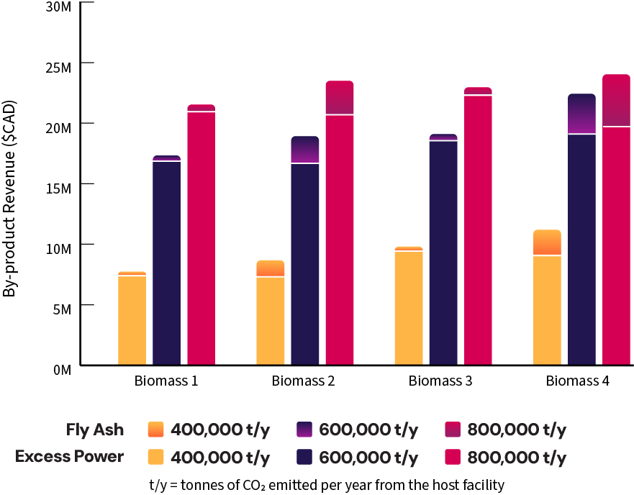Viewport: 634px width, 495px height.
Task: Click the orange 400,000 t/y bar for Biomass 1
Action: point(132,320)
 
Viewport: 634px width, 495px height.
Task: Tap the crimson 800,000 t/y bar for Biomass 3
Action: point(478,230)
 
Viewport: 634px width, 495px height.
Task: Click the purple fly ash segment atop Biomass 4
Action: point(581,114)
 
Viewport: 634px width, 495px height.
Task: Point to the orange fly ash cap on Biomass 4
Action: point(547,242)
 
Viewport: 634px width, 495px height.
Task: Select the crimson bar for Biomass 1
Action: point(201,238)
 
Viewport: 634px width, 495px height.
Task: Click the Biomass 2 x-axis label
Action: point(304,381)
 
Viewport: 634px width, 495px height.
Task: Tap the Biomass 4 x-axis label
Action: point(577,381)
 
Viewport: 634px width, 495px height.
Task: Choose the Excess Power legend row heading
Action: point(70,457)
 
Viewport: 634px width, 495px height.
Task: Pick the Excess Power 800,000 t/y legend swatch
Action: point(454,457)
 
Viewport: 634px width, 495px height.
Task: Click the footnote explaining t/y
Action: point(327,484)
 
